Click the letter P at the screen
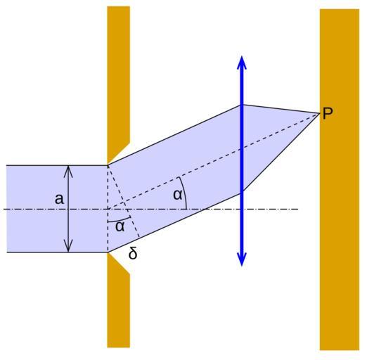tap(328, 113)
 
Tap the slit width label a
tap(59, 199)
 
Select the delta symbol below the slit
tap(133, 253)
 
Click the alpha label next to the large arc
tap(178, 195)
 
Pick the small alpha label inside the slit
tap(120, 226)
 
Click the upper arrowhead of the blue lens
tap(242, 62)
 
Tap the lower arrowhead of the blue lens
tap(242, 260)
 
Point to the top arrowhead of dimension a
tap(68, 171)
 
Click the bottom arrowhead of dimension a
tap(68, 247)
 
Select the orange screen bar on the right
tap(340, 179)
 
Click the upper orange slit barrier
tap(118, 84)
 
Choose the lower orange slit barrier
tap(118, 300)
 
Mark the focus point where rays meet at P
tap(320, 113)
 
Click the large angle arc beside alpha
tap(184, 192)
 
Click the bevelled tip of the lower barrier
tap(108, 252)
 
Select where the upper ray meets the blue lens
tap(242, 105)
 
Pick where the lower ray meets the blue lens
tap(242, 193)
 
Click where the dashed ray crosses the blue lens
tap(242, 148)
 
